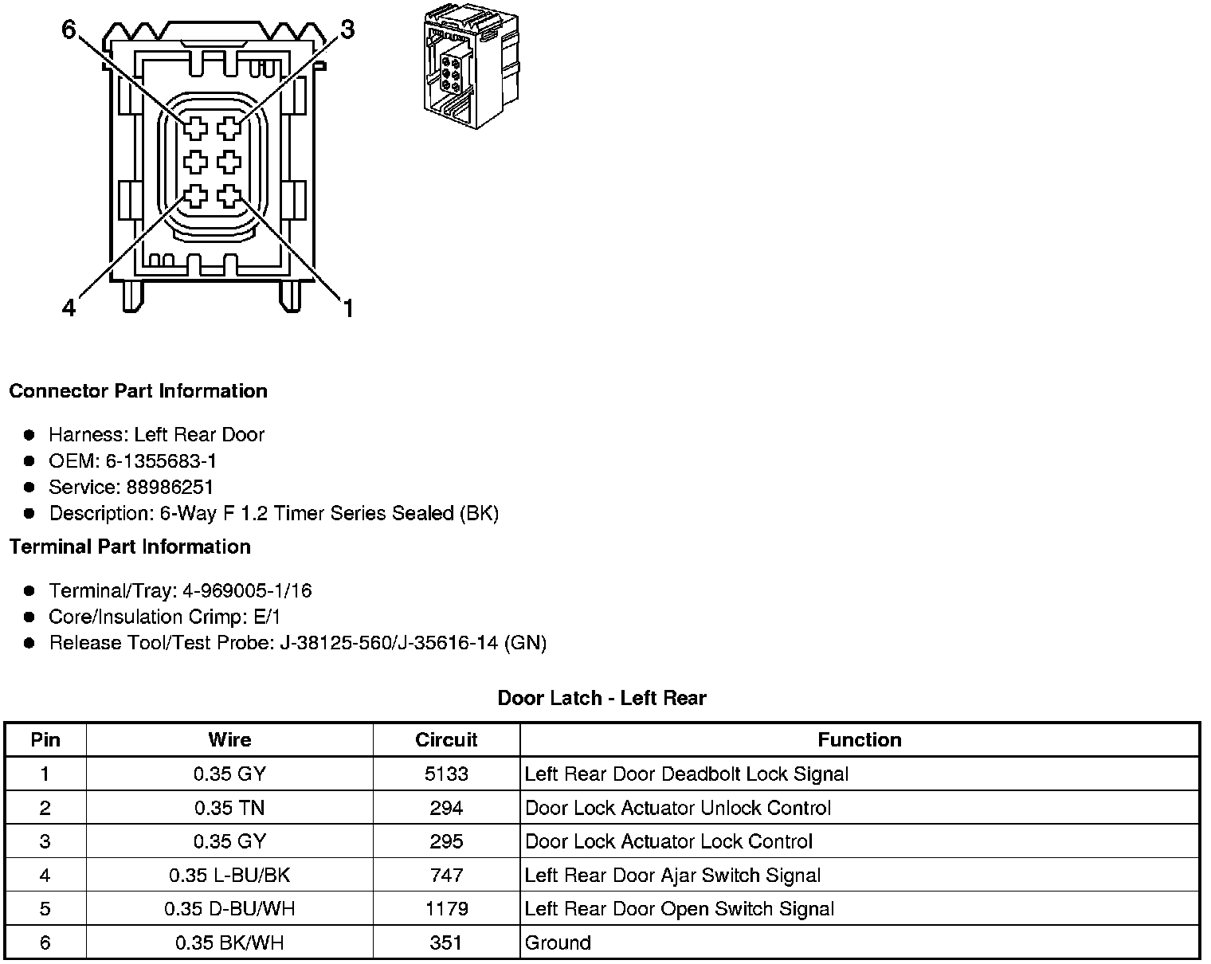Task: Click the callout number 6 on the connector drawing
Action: [69, 30]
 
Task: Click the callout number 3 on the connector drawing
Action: [347, 30]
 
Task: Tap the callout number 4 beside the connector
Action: [69, 308]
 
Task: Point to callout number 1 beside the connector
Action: [347, 308]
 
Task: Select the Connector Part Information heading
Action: [138, 391]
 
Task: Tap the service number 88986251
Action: [170, 488]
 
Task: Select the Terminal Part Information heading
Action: [130, 547]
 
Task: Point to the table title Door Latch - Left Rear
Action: [602, 699]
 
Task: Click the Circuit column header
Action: [446, 740]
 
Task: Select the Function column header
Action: [860, 740]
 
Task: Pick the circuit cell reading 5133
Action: [446, 774]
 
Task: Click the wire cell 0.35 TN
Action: [229, 809]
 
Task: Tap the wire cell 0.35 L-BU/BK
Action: [229, 876]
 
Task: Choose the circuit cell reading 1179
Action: [446, 909]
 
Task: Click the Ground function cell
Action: [558, 943]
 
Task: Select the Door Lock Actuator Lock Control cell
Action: [669, 842]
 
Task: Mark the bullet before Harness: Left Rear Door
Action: [29, 435]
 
